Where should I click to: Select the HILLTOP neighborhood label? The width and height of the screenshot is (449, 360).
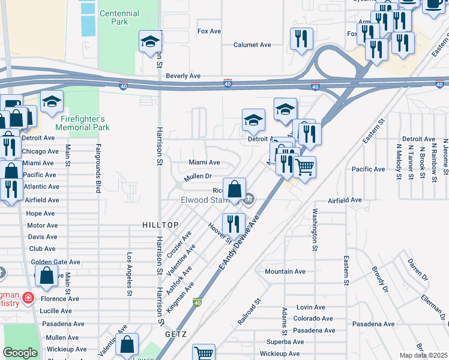160,224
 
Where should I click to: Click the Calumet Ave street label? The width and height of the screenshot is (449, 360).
252,45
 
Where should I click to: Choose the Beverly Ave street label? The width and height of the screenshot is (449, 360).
183,76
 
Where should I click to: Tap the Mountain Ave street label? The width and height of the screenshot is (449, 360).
285,272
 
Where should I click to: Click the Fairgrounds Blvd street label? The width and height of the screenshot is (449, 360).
97,169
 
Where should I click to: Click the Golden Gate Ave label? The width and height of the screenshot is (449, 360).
56,262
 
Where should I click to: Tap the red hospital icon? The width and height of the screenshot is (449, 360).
28,298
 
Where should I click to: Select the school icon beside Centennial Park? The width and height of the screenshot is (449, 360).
150,41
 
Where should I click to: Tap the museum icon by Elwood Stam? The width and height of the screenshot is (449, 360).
249,199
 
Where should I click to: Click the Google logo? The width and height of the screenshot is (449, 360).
20,352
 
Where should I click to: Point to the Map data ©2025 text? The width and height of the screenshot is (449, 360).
423,355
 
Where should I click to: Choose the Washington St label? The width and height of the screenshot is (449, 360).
314,229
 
